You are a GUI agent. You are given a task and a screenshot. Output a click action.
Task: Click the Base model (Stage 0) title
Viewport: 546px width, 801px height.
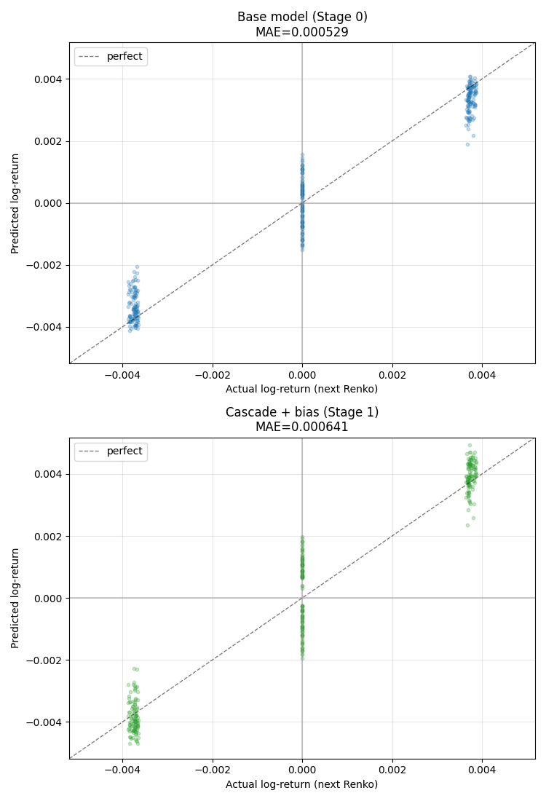click(x=302, y=17)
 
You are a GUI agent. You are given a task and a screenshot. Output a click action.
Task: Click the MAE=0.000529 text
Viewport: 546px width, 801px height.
click(x=302, y=32)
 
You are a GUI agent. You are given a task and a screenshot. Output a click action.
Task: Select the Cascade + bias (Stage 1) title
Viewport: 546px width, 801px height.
click(x=302, y=412)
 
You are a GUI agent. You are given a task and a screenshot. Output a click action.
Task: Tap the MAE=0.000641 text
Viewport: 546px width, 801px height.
click(x=302, y=427)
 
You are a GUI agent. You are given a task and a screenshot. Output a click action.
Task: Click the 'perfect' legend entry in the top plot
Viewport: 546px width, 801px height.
click(x=124, y=57)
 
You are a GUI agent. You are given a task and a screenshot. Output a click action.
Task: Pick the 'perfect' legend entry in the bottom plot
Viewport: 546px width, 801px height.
click(x=124, y=451)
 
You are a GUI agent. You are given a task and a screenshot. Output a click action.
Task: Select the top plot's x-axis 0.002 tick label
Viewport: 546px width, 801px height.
click(x=392, y=374)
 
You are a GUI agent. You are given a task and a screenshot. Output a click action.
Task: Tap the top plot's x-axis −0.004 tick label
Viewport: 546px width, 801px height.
click(x=122, y=374)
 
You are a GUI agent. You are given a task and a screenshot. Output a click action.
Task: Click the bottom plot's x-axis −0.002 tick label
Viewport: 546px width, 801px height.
click(x=212, y=769)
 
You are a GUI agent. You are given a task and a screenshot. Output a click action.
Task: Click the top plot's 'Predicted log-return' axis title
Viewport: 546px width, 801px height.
click(x=15, y=202)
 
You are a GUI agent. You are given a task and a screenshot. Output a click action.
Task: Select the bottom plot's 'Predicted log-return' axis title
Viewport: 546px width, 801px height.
click(x=15, y=598)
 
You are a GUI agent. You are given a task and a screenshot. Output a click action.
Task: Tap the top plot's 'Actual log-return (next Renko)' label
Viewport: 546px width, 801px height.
click(x=302, y=389)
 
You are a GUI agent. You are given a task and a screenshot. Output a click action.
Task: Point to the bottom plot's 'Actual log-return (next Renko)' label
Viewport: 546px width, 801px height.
click(x=302, y=784)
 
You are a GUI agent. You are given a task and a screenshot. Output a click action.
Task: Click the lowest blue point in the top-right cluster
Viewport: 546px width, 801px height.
click(x=467, y=144)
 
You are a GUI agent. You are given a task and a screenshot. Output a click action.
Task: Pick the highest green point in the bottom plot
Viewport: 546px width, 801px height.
click(x=470, y=445)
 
